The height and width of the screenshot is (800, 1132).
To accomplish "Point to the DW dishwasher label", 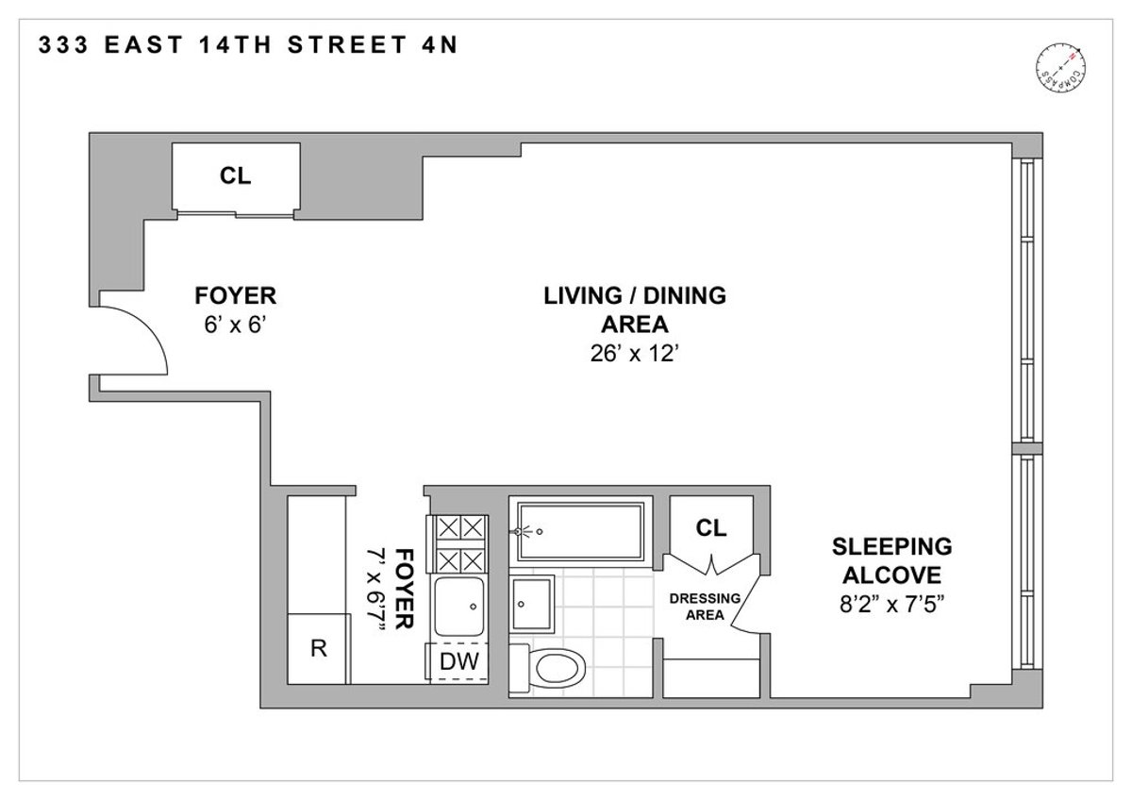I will point(458,662).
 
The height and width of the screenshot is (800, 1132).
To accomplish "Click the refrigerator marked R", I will point(318,649).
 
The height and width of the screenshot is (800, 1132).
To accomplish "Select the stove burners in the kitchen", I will point(458,543).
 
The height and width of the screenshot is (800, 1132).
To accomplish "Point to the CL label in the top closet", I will point(236,175).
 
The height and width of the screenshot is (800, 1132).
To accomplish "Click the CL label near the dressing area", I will point(711,528).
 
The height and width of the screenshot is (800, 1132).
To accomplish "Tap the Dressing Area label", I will point(698,606).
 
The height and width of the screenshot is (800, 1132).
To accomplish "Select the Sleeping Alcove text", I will point(891,561).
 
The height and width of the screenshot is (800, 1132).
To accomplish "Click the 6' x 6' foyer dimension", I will point(235,325).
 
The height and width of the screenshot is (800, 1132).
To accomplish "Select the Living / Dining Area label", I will point(634,309).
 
